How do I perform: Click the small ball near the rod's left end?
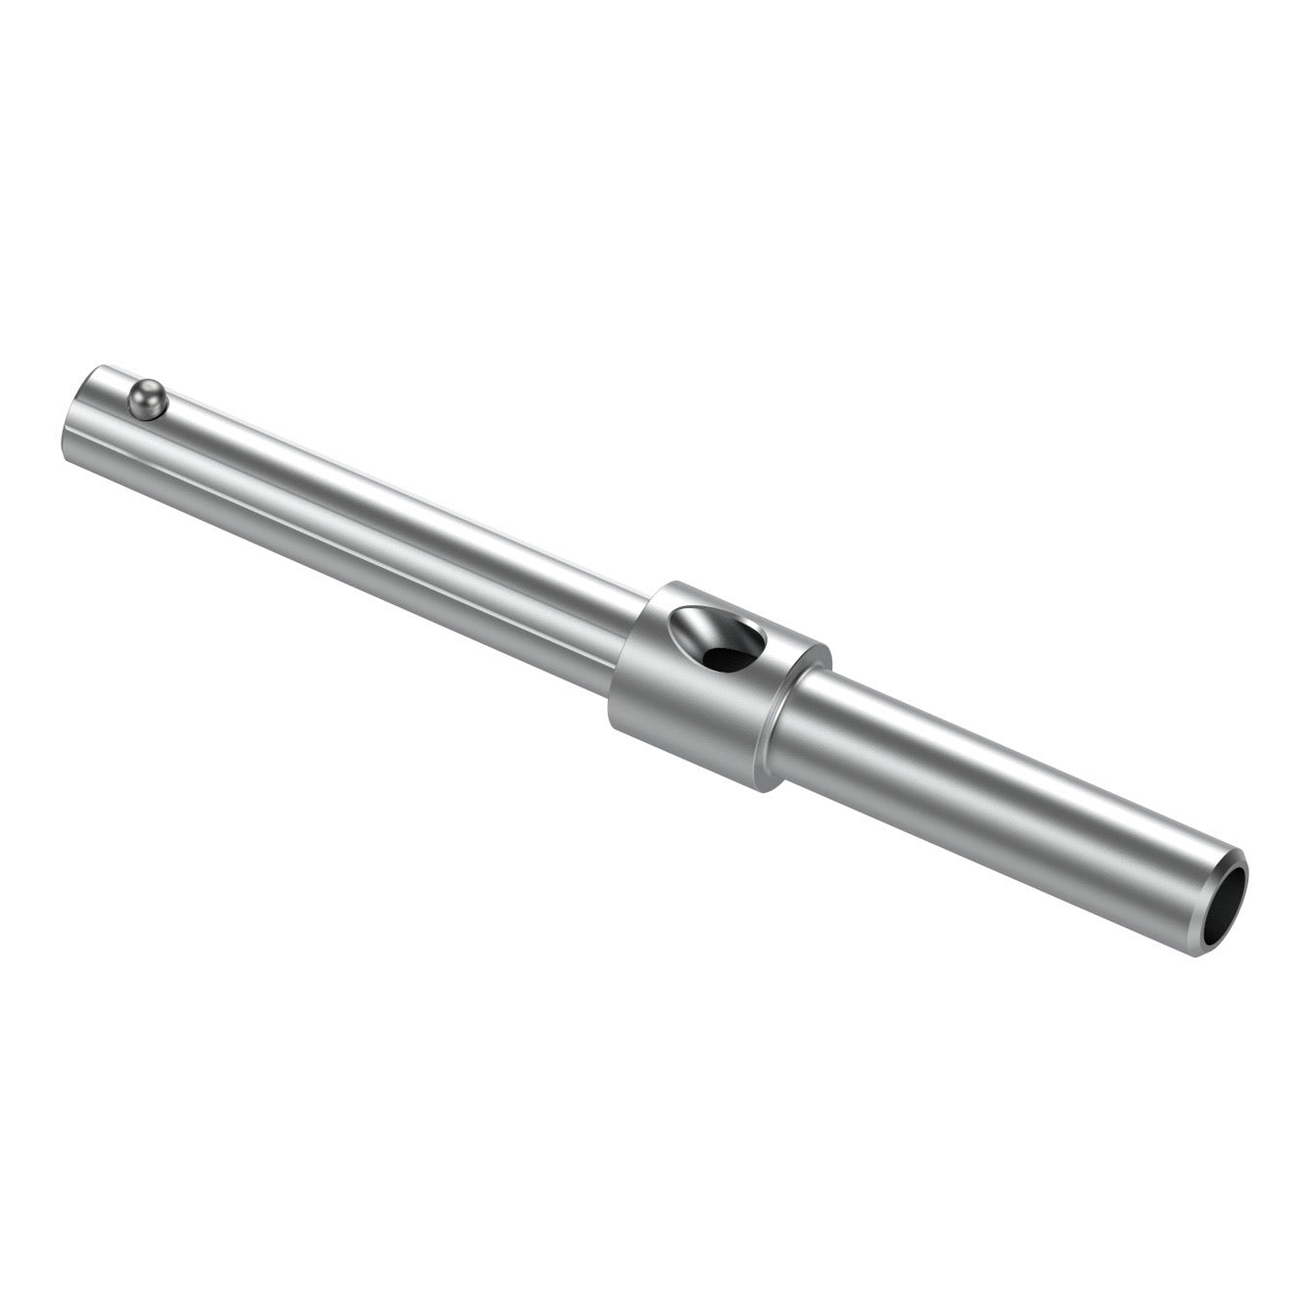147,398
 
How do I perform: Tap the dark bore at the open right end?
1228,907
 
